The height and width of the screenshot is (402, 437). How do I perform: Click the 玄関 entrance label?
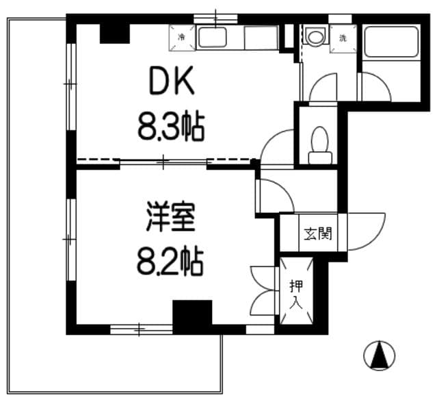click(317, 234)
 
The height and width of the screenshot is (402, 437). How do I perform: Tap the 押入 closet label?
click(295, 292)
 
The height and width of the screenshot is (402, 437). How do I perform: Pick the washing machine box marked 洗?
click(342, 37)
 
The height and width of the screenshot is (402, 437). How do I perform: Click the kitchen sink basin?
click(216, 38)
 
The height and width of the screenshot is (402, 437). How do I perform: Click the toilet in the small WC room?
click(319, 144)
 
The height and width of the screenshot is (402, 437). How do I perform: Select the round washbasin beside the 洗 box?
click(315, 36)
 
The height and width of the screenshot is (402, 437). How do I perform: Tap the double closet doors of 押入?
click(263, 289)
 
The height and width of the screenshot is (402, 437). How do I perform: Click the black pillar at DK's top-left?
click(114, 32)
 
